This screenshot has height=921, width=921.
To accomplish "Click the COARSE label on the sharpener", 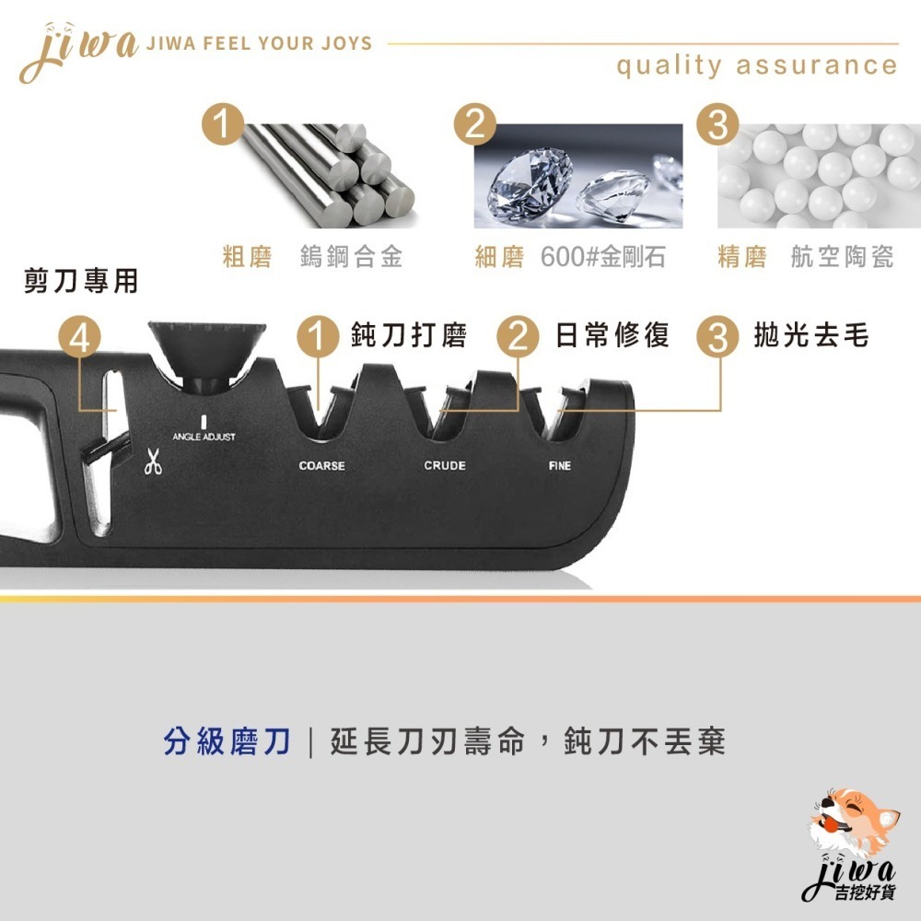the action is tap(321, 466).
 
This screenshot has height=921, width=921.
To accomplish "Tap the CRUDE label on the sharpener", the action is tap(445, 466).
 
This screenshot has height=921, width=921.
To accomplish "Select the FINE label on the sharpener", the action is tap(560, 466).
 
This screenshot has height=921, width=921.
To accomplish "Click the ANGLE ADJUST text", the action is tap(204, 437).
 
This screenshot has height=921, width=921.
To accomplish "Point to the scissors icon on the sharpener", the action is tap(153, 461).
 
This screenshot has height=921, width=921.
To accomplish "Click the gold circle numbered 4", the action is tap(80, 338).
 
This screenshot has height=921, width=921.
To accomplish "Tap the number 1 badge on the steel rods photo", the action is tap(223, 124).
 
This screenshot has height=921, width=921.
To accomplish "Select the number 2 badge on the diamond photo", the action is tap(474, 124).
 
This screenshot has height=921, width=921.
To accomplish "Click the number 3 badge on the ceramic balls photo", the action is tap(717, 124).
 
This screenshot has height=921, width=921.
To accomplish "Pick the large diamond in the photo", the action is tap(530, 180).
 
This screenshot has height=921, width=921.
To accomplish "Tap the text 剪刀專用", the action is tap(81, 281).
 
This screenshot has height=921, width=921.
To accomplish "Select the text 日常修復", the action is tap(612, 335).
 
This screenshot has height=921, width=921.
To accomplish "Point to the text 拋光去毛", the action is tap(811, 335).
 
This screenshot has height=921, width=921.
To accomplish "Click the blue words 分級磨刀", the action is tap(227, 741).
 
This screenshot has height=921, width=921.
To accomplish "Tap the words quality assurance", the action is tap(756, 65).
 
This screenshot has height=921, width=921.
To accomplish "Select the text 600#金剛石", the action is tap(602, 257).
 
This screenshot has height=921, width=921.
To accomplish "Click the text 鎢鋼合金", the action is tap(351, 257).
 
